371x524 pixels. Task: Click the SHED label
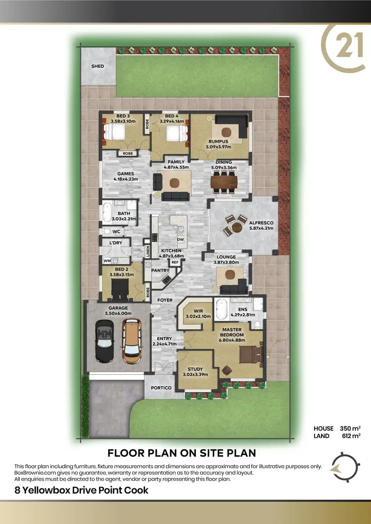pos(98,66)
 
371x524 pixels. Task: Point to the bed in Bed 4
pos(177,134)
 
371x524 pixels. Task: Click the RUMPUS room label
pos(218,140)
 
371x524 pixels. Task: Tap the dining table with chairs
pos(224,182)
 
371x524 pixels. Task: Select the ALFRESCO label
pos(262,223)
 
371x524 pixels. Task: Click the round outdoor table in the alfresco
pos(237,226)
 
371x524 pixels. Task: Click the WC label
pos(116,231)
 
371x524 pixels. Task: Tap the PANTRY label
pos(161,270)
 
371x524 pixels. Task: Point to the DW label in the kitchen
pos(181,239)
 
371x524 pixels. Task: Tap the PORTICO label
pos(161,388)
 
